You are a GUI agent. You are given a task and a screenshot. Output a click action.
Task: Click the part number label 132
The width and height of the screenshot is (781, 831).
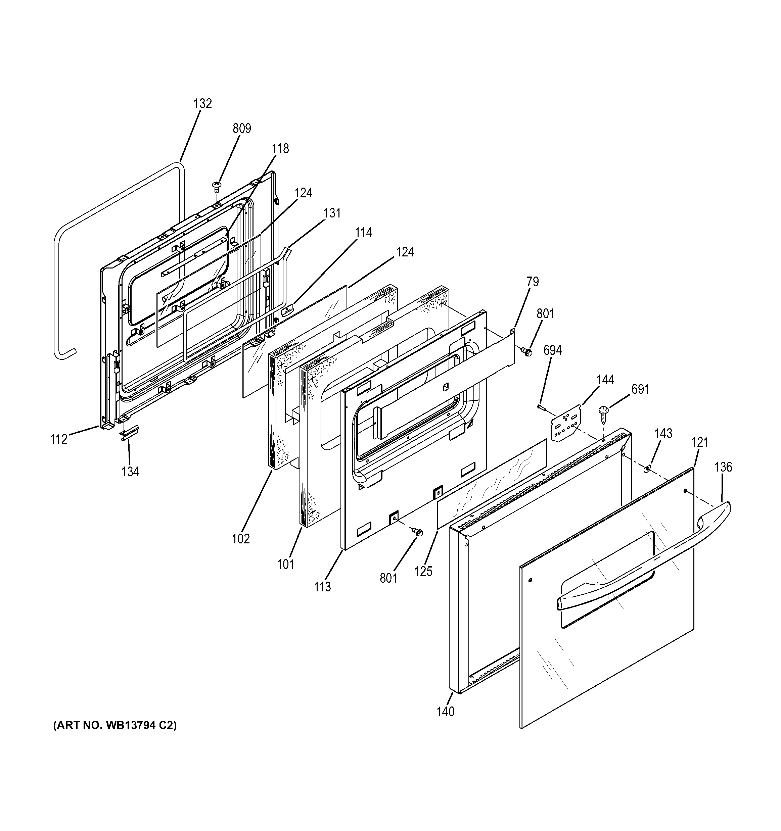[x=203, y=103]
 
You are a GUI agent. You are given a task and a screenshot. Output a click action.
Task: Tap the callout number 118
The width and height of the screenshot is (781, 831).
[x=280, y=148]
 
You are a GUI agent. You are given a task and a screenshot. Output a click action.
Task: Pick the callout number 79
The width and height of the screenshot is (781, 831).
[x=532, y=282]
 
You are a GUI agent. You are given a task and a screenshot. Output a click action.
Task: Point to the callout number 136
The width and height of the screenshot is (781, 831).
[x=723, y=467]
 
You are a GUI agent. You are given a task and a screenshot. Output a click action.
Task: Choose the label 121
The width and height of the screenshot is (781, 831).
[x=699, y=442]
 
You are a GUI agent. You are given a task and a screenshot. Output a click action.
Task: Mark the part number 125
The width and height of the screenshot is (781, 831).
[x=423, y=571]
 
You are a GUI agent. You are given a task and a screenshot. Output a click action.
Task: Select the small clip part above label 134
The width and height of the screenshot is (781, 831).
[x=129, y=432]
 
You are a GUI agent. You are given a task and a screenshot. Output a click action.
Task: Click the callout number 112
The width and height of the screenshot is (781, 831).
[x=59, y=439]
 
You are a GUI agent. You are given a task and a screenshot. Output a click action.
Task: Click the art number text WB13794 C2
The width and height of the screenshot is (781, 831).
[x=114, y=737]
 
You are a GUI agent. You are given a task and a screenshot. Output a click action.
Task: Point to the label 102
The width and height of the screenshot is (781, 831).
[x=241, y=539]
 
